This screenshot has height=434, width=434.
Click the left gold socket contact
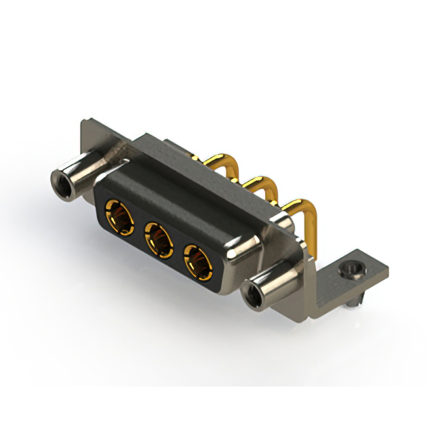(x=119, y=218)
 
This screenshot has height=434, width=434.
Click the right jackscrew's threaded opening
(x=252, y=296)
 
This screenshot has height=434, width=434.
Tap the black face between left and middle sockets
(x=139, y=231)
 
